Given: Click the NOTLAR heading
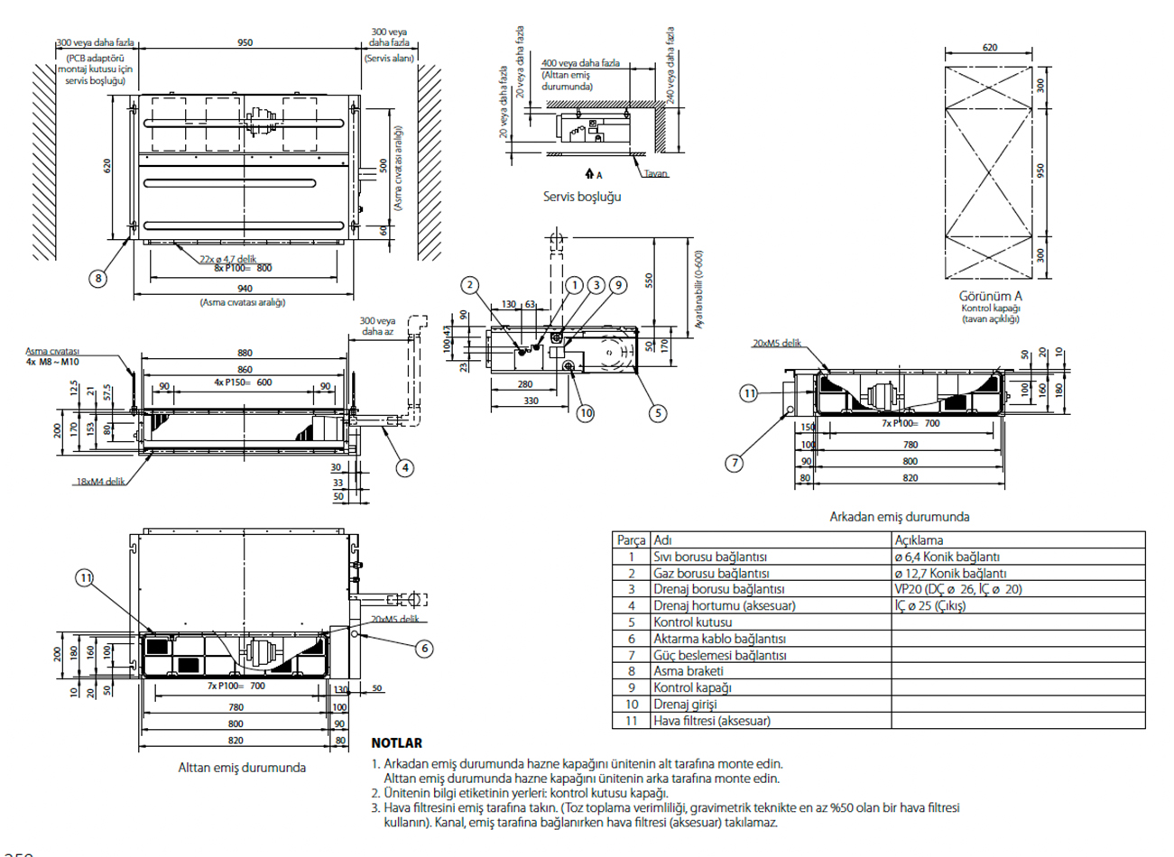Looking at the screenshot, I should (396, 743).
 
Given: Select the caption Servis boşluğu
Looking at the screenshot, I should (582, 196).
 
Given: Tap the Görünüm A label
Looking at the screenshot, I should (990, 296).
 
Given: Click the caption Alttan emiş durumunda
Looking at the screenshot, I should (242, 768).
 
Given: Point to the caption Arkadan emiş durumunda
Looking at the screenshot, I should (899, 517).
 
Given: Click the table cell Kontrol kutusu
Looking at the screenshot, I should (692, 622).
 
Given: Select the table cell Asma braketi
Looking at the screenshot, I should (689, 671).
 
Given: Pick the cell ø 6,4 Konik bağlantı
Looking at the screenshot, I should (947, 557).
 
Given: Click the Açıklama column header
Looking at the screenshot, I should (919, 540).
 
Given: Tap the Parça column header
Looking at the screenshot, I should (631, 540).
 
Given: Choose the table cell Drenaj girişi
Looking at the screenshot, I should (685, 704).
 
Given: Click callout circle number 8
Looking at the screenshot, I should (98, 278).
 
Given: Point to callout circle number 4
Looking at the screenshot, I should (405, 467).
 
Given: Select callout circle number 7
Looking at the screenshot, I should (735, 463).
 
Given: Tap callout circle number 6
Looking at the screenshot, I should (423, 648).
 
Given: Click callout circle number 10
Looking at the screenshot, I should (586, 413).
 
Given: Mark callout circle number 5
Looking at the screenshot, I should (658, 413).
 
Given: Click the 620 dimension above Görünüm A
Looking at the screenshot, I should (990, 48).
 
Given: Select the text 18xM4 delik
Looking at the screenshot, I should (100, 482).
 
